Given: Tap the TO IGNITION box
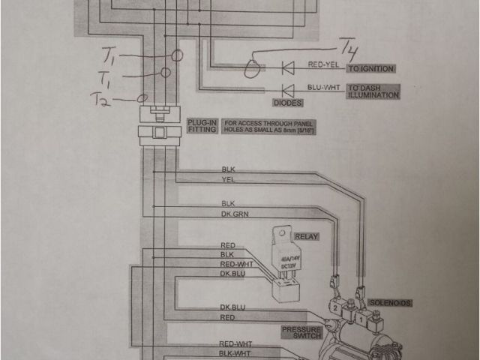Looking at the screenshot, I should pyautogui.click(x=370, y=69).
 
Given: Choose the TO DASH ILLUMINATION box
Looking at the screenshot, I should pyautogui.click(x=373, y=91).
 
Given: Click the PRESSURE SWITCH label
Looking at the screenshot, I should pyautogui.click(x=302, y=331).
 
